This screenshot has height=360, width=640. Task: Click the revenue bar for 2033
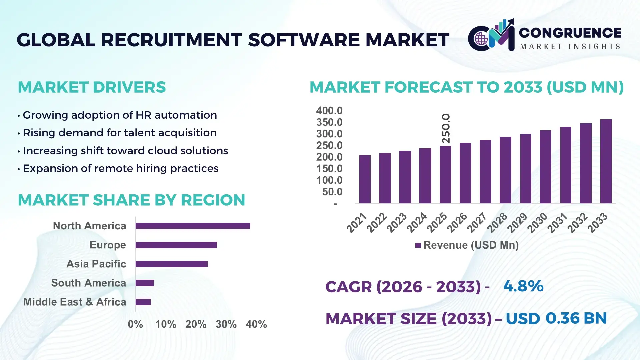coord(606,161)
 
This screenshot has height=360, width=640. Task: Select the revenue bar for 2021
coord(365,179)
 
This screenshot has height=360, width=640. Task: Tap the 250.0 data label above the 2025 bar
coord(446,128)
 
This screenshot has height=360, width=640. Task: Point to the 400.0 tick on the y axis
coord(329,111)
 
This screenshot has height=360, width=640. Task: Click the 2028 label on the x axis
coord(497,222)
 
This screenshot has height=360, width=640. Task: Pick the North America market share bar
coord(193,226)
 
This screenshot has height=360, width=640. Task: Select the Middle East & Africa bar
coord(143,302)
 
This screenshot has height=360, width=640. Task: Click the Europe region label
coord(108,245)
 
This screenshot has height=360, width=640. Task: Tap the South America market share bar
coord(144,283)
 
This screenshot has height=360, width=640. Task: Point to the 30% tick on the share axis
coord(226,324)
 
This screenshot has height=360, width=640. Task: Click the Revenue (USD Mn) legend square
coord(418,245)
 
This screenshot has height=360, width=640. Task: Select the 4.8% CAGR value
coord(523,286)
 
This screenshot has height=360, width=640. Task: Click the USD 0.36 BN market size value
coord(556,318)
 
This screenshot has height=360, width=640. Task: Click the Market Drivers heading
coord(92,87)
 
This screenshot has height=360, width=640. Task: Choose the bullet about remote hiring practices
coord(120,168)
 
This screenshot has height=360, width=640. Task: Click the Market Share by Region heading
coord(131,200)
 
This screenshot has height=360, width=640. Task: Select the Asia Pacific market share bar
coord(172,264)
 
